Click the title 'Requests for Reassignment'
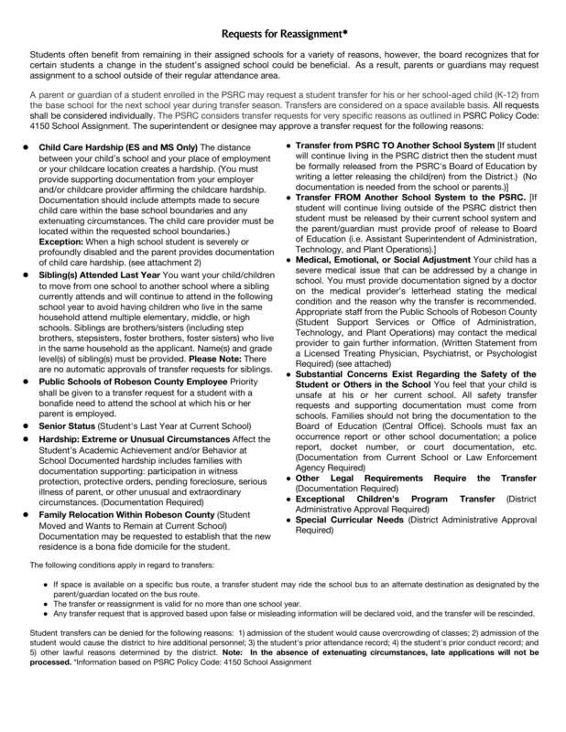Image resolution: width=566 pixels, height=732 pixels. click(282, 35)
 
